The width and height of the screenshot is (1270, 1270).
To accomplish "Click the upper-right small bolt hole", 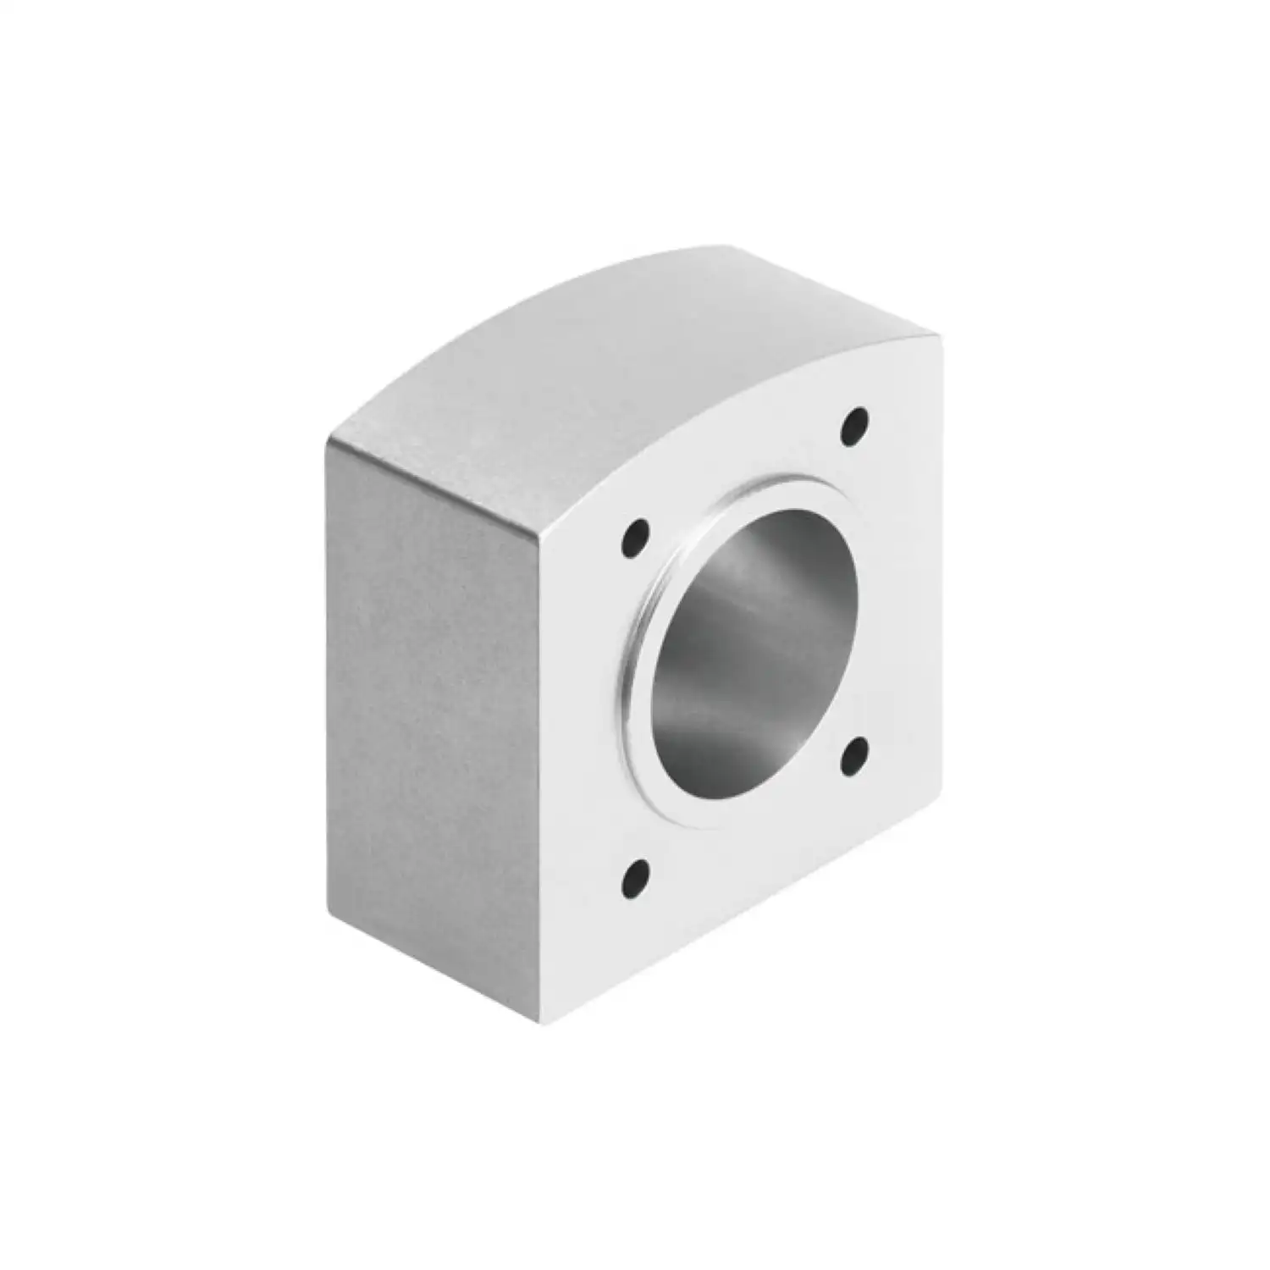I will pos(856,426).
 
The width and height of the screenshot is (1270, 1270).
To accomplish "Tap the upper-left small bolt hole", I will pos(636,538).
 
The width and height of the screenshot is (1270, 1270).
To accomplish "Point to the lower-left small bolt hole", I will pos(636,872).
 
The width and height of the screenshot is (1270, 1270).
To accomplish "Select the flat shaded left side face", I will pos(432,720).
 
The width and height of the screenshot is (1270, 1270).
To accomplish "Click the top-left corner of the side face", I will pos(327,442).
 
